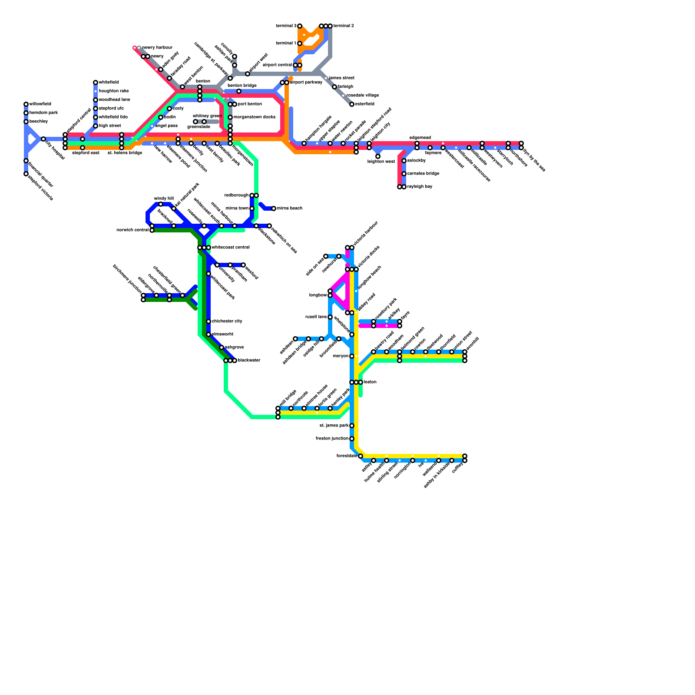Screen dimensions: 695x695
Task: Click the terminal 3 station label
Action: coord(286,26)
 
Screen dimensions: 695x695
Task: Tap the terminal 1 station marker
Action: coord(300,43)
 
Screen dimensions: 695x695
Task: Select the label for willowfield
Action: coord(40,104)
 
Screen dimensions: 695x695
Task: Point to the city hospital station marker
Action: coord(43,139)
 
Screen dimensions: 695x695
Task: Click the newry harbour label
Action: coord(157,48)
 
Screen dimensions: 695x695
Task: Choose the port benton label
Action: coord(250,104)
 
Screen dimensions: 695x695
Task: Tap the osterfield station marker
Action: coord(352,104)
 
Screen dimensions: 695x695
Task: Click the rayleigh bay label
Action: coord(420,187)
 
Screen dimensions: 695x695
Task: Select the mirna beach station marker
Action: coord(274,208)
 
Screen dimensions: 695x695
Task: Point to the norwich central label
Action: coord(132,230)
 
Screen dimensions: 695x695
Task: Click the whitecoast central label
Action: coord(230,248)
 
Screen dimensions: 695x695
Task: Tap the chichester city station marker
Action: coord(208,321)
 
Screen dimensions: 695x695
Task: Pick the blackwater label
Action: coord(249,361)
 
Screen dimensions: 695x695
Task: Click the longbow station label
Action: coord(318,295)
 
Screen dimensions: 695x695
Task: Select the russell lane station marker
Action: coord(330,317)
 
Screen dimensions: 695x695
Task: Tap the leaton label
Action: coord(370,382)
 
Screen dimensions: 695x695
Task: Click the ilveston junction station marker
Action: coord(352,439)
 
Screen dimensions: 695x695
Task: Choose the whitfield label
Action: coord(109,83)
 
